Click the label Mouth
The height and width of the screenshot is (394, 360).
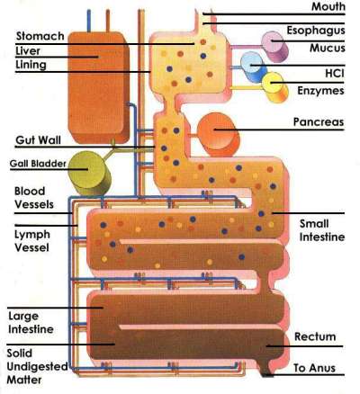[x=328, y=7]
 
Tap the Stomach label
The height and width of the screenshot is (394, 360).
[x=40, y=36]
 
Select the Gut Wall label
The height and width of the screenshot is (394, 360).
[x=38, y=141]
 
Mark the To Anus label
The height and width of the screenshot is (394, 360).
[x=316, y=368]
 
